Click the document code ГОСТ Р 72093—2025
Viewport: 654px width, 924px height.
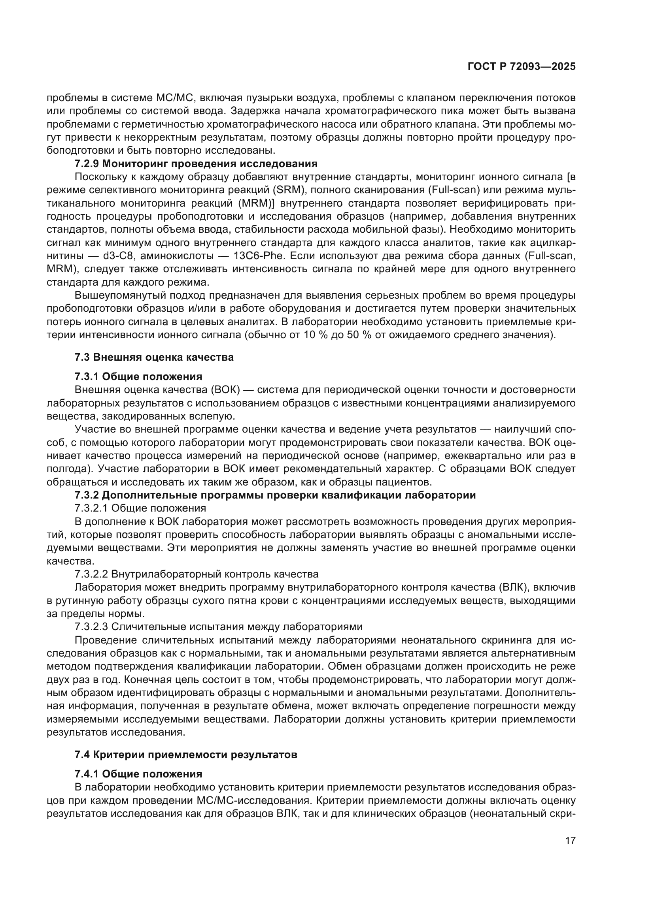pos(522,67)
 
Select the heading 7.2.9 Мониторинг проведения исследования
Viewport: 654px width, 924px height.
pos(196,164)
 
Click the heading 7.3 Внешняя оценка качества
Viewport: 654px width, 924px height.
pos(154,357)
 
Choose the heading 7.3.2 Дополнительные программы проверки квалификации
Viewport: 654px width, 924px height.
pos(275,495)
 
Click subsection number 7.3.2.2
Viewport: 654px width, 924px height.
pos(91,574)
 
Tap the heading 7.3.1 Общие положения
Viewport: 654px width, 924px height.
pos(138,377)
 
